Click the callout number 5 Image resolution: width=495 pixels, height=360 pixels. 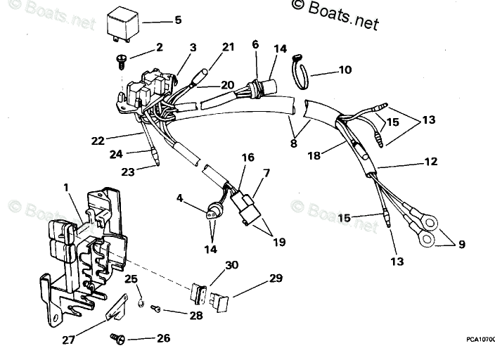(x=178, y=20)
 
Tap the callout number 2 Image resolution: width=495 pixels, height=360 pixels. (x=159, y=47)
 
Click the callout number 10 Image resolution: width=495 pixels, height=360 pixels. (x=345, y=70)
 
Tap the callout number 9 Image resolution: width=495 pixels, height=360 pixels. (x=461, y=245)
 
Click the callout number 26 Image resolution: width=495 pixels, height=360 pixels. (x=162, y=339)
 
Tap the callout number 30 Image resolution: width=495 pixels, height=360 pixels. (x=231, y=265)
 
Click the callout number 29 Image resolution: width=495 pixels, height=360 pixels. (x=275, y=278)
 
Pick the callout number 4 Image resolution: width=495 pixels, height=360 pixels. (x=179, y=199)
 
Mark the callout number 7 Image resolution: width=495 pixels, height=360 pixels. (x=266, y=173)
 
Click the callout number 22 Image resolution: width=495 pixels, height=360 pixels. (x=98, y=141)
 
